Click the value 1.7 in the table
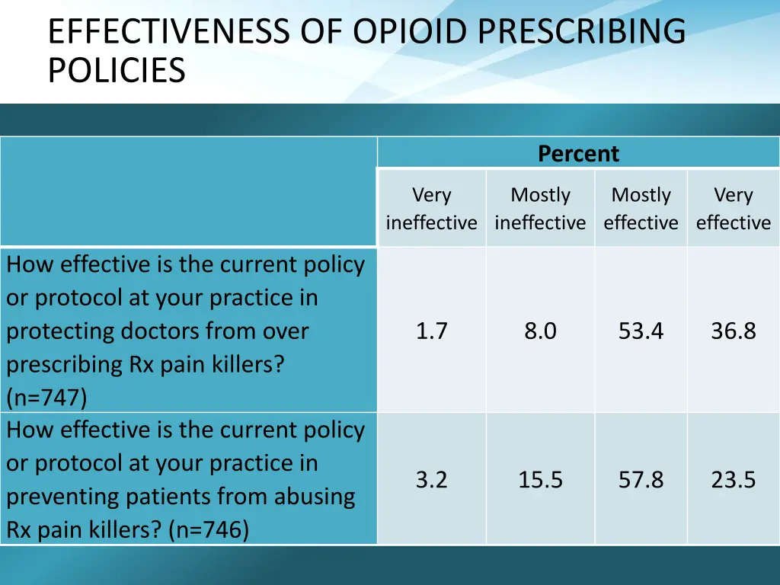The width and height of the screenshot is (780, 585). tap(431, 331)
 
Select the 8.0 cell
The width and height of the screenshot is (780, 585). tap(540, 331)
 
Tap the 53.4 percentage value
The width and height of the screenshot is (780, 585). tap(641, 331)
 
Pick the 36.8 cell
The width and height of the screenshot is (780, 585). tap(733, 331)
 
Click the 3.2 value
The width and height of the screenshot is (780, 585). tap(431, 480)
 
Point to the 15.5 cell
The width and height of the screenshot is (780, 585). tap(540, 480)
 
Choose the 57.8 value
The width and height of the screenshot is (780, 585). tap(641, 480)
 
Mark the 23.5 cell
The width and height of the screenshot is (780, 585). tap(733, 480)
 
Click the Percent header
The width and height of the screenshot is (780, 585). tap(578, 154)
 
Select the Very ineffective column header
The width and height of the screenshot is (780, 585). tap(431, 209)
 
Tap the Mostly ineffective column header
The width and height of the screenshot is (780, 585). tap(540, 209)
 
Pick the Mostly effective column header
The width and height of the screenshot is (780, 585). tap(641, 209)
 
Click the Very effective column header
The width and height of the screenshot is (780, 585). tap(733, 209)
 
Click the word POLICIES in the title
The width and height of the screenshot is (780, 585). tap(116, 72)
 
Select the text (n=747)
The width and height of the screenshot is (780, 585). tap(46, 398)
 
